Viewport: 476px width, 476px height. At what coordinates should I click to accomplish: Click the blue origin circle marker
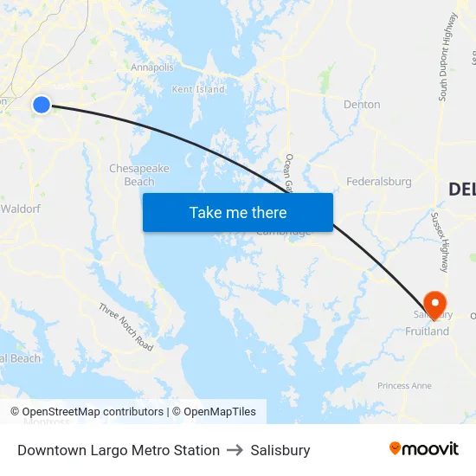[x=42, y=105]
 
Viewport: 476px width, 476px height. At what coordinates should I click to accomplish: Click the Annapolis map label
[x=152, y=68]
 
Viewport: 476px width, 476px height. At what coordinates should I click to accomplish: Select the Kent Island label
[x=198, y=89]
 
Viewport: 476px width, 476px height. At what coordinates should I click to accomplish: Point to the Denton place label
[x=362, y=105]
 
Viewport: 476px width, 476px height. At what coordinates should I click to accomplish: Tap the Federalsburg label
[x=379, y=182]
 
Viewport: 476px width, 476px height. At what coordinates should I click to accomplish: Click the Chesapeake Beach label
[x=138, y=175]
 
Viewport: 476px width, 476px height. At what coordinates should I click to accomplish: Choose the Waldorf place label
[x=20, y=209]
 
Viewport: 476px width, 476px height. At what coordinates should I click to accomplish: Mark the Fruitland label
[x=428, y=331]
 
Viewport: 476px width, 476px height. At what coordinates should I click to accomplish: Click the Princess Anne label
[x=404, y=385]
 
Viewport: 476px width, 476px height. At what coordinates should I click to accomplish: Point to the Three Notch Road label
[x=125, y=327]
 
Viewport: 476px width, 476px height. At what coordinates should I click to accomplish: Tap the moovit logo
[x=424, y=448]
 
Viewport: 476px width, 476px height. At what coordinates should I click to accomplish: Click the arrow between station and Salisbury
[x=235, y=450]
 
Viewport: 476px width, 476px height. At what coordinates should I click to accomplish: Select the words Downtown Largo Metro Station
[x=119, y=450]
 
